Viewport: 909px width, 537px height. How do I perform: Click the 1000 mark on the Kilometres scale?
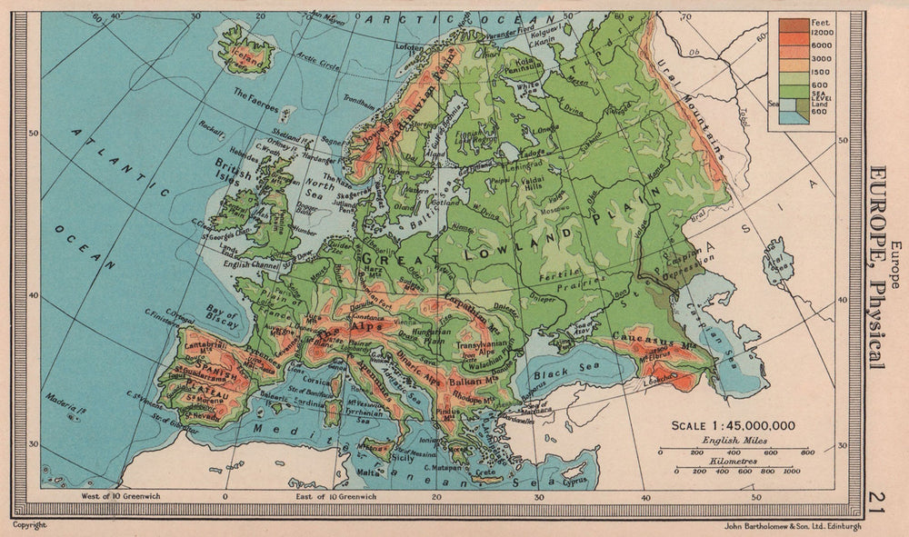click(790, 472)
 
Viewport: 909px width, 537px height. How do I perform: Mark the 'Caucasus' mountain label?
click(645, 342)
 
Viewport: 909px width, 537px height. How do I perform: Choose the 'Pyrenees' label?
click(260, 362)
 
